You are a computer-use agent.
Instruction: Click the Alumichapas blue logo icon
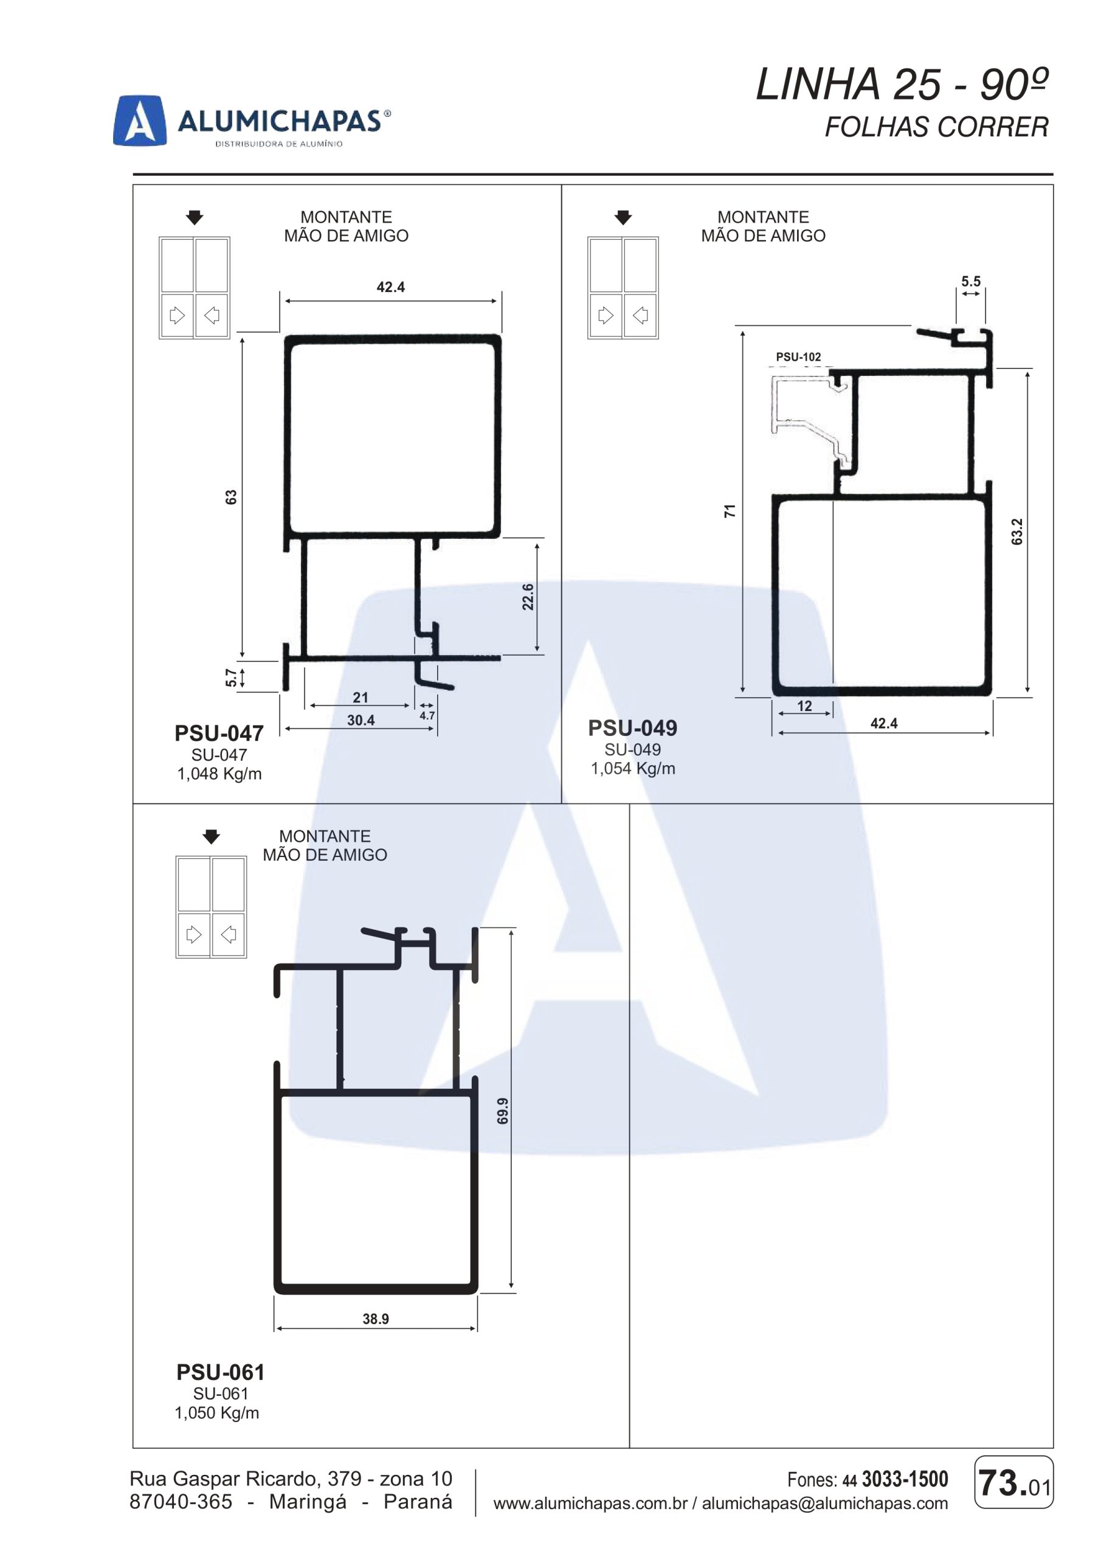pos(140,120)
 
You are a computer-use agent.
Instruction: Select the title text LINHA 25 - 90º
pos(902,85)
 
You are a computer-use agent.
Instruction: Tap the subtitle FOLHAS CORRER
pos(936,127)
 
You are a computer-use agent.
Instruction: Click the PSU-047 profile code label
pos(219,733)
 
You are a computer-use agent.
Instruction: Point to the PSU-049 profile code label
pos(632,727)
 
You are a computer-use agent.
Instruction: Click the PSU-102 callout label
pos(798,356)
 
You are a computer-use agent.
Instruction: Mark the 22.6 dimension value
pos(528,597)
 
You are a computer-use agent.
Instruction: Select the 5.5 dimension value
pos(971,281)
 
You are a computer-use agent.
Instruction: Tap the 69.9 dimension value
pos(502,1111)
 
